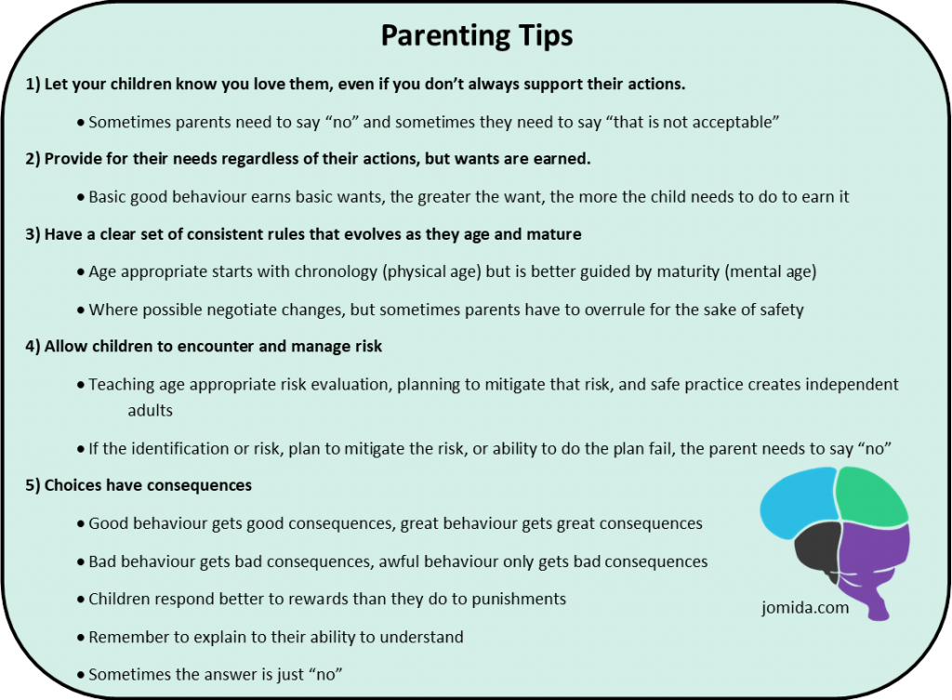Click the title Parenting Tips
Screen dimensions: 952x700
tap(477, 36)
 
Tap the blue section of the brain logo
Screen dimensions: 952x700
tap(796, 502)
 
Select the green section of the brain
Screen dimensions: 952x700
tap(871, 496)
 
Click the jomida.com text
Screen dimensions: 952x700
tap(805, 608)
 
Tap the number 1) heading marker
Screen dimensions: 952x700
tap(33, 84)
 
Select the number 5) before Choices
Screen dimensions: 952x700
tap(33, 485)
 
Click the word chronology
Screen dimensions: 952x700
tap(336, 272)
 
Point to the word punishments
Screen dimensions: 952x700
tap(519, 600)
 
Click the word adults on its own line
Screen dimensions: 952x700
tap(150, 410)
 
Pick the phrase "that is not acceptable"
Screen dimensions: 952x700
tap(691, 122)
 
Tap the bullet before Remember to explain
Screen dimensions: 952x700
tap(81, 638)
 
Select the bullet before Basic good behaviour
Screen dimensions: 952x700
tap(81, 198)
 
